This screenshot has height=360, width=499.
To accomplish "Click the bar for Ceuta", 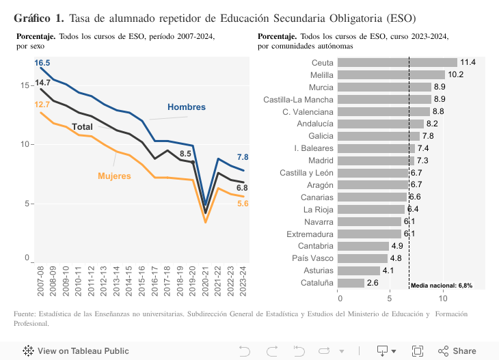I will point(397,62).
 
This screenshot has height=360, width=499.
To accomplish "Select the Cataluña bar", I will point(351,283).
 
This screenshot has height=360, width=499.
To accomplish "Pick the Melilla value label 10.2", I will point(456,74).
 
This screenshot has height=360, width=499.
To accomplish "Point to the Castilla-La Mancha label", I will point(299,99).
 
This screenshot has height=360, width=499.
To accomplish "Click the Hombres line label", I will point(187,107).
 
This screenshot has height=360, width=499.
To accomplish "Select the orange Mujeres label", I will point(114,176).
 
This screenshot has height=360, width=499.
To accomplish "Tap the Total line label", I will point(83,127).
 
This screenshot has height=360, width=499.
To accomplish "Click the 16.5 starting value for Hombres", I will point(42,63).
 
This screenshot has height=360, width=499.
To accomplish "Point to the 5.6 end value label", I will point(242,204).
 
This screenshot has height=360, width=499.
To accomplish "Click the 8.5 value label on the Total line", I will point(185,154).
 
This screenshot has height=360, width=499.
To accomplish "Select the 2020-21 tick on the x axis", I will point(206,278).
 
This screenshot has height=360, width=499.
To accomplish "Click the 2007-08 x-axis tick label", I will point(41,278).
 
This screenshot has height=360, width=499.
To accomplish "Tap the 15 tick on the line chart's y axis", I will point(25,85).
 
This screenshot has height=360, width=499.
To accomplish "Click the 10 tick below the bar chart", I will point(441,297).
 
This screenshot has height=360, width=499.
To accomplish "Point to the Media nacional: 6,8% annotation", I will point(442,286).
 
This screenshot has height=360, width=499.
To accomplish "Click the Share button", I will point(457,351).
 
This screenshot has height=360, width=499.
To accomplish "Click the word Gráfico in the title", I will point(35,17).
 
